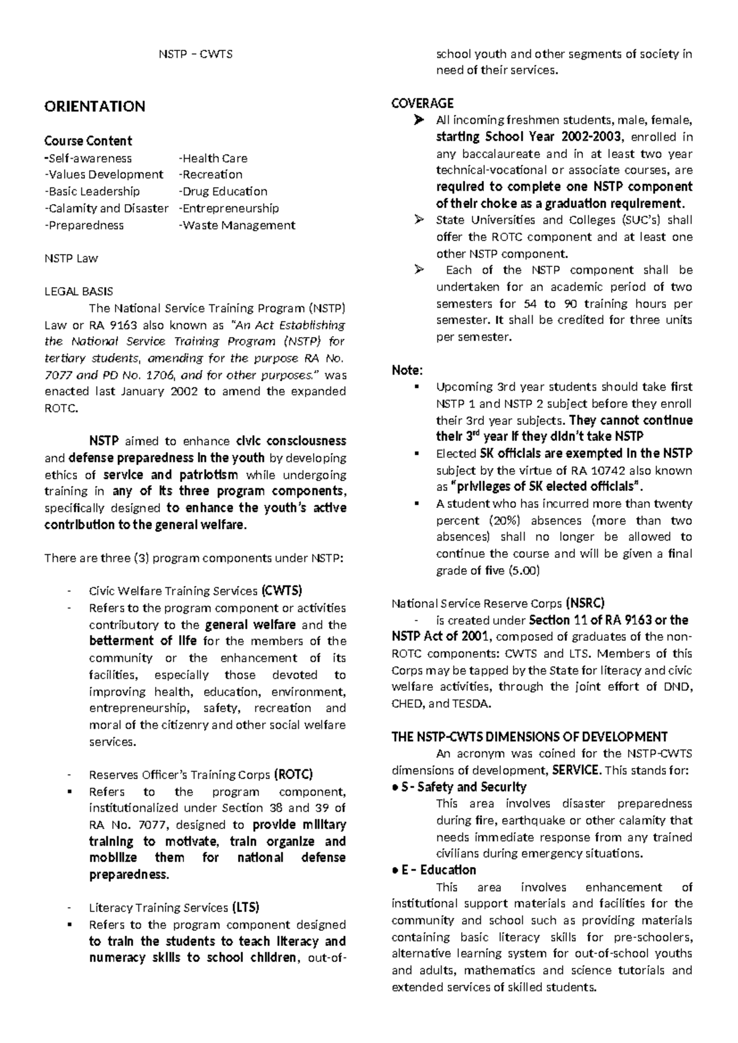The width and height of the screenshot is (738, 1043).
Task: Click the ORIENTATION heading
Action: tap(95, 106)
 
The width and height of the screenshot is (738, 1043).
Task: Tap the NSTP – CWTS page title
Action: tap(196, 54)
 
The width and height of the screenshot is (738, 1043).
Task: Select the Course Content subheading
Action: tap(88, 141)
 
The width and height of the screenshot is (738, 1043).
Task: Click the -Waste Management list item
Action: tap(237, 225)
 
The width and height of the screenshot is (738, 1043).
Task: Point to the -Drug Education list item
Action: tap(223, 191)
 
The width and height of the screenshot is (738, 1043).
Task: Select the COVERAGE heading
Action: tap(423, 103)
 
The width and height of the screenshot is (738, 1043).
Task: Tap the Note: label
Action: tap(407, 370)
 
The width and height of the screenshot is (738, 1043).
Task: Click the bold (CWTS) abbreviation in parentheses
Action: tap(282, 591)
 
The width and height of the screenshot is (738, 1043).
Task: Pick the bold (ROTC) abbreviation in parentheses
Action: tap(293, 774)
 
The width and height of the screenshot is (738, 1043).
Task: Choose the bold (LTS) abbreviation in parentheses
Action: tap(245, 908)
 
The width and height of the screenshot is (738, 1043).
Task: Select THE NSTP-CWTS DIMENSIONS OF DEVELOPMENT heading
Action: tap(530, 737)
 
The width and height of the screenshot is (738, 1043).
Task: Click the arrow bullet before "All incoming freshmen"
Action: tap(419, 121)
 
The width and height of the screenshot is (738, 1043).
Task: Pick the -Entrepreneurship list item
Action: tap(229, 208)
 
